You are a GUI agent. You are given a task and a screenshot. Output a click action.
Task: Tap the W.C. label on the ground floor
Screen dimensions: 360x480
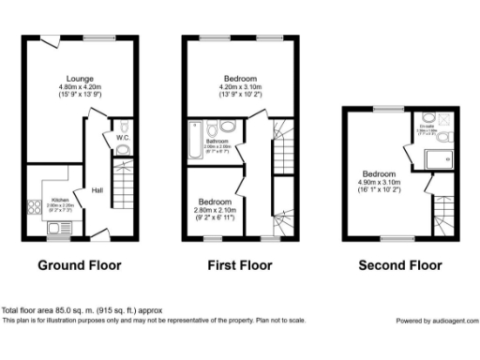[123, 138]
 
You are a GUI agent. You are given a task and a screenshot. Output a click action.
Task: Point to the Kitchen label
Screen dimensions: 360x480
[59, 201]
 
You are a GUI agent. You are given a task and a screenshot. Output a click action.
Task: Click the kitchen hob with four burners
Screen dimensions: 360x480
[37, 208]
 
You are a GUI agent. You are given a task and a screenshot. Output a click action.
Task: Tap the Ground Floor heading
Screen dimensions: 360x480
[80, 265]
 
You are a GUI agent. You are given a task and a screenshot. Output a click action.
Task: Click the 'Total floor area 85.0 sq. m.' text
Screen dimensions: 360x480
[69, 310]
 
